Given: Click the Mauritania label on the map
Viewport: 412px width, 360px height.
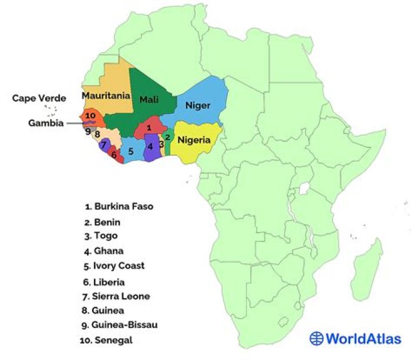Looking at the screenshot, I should tap(106, 96).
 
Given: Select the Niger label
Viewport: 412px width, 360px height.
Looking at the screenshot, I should tap(198, 105).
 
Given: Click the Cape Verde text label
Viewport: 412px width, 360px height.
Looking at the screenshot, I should tap(39, 98).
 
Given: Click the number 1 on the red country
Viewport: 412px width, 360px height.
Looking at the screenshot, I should tap(149, 128).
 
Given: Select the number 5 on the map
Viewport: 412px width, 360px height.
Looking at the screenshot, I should tap(131, 152).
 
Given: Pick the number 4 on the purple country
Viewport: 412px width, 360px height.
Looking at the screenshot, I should tap(150, 147).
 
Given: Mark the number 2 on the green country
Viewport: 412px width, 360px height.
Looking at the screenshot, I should tap(168, 137).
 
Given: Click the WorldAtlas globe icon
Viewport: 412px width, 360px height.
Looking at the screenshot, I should tap(316, 338).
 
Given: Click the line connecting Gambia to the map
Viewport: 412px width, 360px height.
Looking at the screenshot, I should tap(73, 122).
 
